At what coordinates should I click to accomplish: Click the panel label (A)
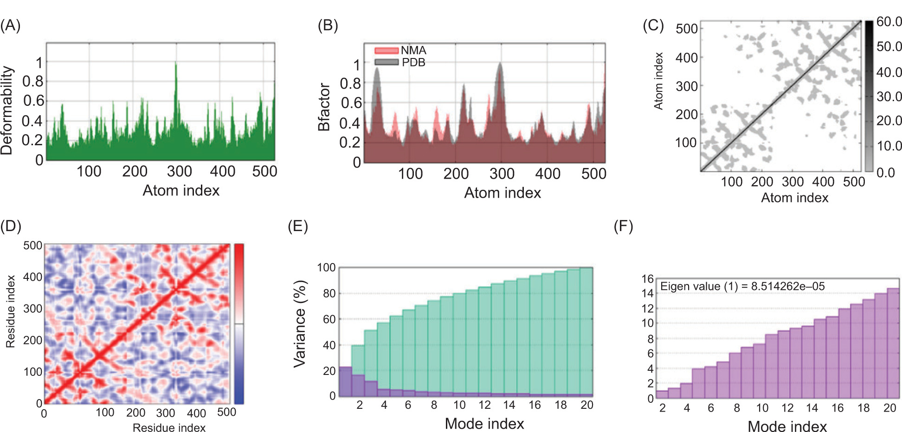click(x=10, y=26)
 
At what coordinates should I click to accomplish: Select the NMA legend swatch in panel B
click(x=386, y=50)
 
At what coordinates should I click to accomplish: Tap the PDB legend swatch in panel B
click(x=386, y=62)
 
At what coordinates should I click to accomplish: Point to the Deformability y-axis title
click(x=7, y=110)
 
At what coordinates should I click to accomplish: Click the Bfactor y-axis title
click(x=324, y=107)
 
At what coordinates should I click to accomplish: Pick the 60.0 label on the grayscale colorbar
click(x=889, y=22)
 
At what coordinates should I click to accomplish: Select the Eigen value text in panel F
click(x=742, y=286)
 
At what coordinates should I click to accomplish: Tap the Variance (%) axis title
click(x=300, y=323)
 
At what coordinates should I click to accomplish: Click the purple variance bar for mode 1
click(x=345, y=381)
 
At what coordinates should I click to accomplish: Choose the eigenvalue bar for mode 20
click(x=893, y=343)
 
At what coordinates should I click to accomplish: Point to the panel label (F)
click(x=623, y=226)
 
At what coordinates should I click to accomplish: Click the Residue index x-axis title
click(x=169, y=427)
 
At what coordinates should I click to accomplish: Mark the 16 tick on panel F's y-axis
click(x=648, y=279)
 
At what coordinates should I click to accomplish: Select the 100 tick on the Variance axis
click(x=326, y=268)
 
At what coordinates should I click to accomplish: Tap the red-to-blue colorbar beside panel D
click(x=239, y=323)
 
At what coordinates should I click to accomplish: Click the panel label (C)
click(x=653, y=26)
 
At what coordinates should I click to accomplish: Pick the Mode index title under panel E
click(x=484, y=423)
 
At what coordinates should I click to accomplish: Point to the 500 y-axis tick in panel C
click(x=687, y=29)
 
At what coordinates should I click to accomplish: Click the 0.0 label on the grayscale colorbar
click(x=885, y=173)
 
